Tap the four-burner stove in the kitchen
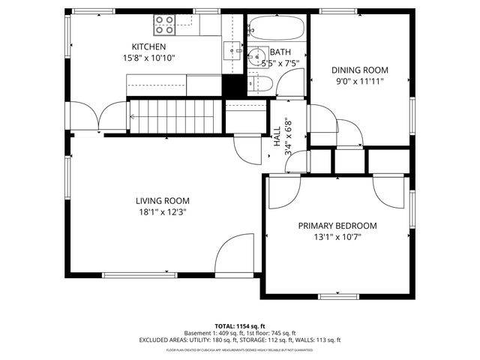164,26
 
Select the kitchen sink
231,50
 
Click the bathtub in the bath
277,29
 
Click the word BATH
280,52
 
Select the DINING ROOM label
360,70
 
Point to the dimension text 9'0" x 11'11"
360,81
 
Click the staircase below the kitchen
176,117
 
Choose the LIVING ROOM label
162,200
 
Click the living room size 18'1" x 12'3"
162,211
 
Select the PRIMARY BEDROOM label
337,226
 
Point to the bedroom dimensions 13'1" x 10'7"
337,238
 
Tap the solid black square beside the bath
235,85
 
